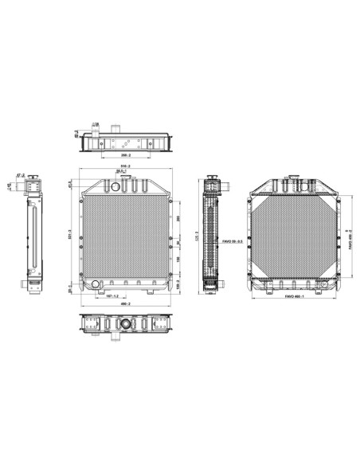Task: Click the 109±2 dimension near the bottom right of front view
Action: [179, 283]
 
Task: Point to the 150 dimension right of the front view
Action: [179, 259]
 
